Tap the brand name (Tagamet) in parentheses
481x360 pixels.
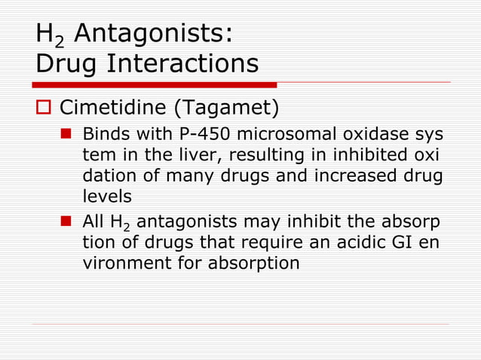click(227, 109)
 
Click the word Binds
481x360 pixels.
click(104, 137)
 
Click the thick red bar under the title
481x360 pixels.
click(155, 84)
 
